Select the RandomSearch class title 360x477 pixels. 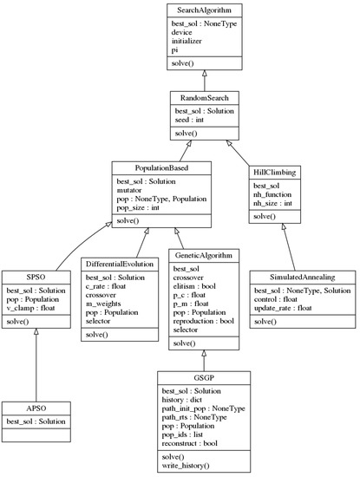tap(204, 99)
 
